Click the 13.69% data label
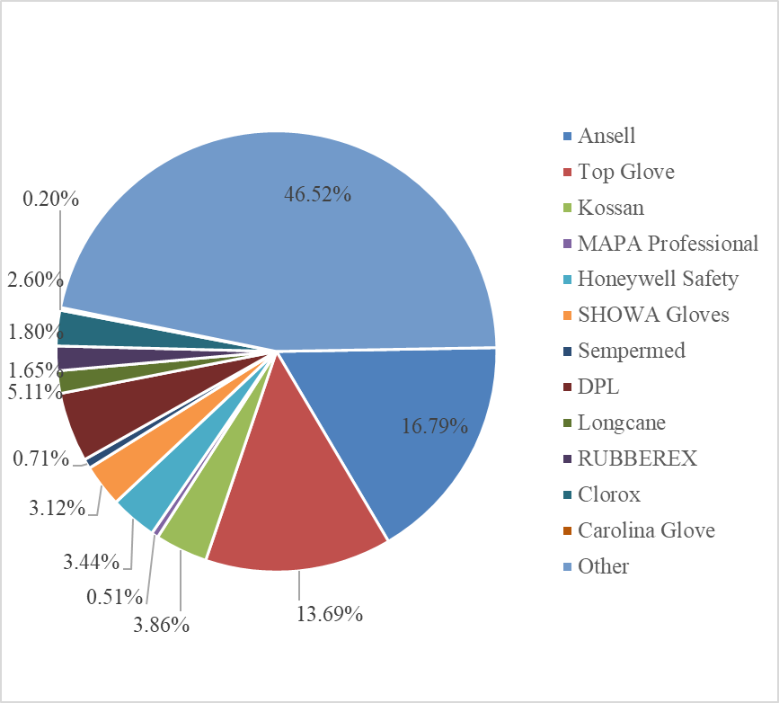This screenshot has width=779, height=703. (x=329, y=615)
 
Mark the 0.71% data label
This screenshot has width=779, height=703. (x=41, y=459)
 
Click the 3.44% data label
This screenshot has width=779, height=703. (x=91, y=563)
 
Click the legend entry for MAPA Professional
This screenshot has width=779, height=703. (x=668, y=243)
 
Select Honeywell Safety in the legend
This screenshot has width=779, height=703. (x=658, y=279)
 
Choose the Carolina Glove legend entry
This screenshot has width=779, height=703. (x=646, y=530)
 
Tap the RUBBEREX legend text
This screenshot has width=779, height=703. (x=637, y=458)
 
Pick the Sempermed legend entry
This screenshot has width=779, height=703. (x=631, y=351)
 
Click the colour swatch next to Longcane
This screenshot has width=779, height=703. (x=567, y=423)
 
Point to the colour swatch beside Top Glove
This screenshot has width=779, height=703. (x=567, y=172)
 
